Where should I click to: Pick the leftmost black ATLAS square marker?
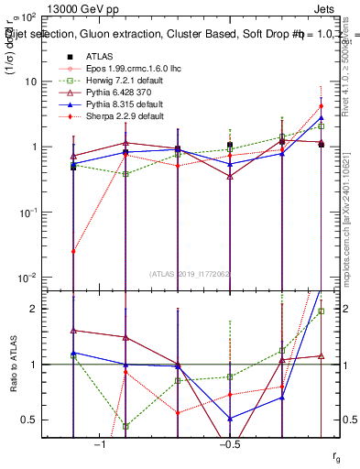[x=73, y=167]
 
